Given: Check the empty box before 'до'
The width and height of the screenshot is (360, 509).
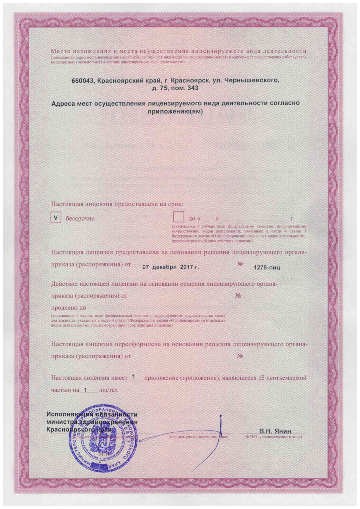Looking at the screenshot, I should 179,218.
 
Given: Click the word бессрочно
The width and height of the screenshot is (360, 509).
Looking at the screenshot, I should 80,219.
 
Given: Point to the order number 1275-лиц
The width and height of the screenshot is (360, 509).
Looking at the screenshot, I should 266,268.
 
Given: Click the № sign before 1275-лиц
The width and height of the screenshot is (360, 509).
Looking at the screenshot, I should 240,264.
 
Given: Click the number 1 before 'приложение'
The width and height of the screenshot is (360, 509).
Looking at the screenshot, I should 133,377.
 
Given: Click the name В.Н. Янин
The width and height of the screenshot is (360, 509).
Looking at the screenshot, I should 275,431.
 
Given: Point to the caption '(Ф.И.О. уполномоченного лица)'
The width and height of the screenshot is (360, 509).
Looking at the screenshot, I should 273,437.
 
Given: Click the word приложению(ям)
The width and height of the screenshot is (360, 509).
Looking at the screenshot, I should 175,111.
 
